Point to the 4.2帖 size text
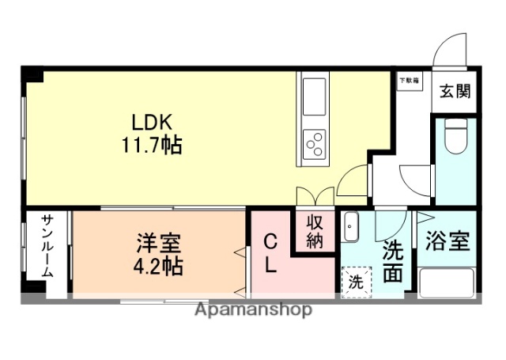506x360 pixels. tap(158, 266)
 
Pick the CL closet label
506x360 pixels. tap(269, 253)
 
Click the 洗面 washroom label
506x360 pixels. tap(392, 262)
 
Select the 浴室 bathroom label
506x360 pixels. tap(447, 241)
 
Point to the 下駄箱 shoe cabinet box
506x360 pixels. tap(409, 81)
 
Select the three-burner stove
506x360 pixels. tap(314, 143)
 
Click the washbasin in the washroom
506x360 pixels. tap(352, 229)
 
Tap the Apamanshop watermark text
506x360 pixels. tap(253, 309)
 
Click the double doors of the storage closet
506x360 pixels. tap(314, 197)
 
